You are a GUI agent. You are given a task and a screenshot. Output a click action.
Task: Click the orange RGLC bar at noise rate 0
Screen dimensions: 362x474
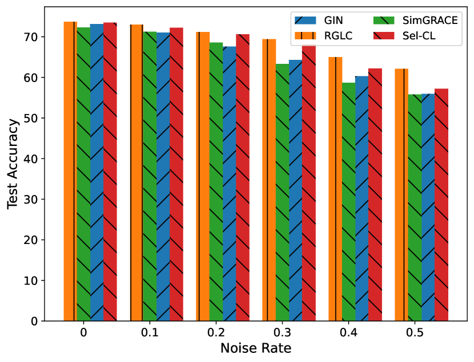click(x=70, y=171)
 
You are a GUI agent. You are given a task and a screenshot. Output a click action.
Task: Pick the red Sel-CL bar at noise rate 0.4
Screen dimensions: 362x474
click(x=375, y=194)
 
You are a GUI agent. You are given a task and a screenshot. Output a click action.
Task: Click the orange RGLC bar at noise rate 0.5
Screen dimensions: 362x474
click(x=401, y=194)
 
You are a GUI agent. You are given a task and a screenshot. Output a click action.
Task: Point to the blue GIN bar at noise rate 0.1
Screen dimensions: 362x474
click(x=163, y=177)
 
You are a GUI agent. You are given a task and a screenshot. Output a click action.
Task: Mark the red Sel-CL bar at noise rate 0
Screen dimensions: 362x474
click(x=110, y=172)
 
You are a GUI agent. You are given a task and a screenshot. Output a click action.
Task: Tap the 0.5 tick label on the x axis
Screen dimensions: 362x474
click(x=415, y=332)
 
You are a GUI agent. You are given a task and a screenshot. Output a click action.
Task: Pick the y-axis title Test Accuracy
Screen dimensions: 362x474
click(x=13, y=165)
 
